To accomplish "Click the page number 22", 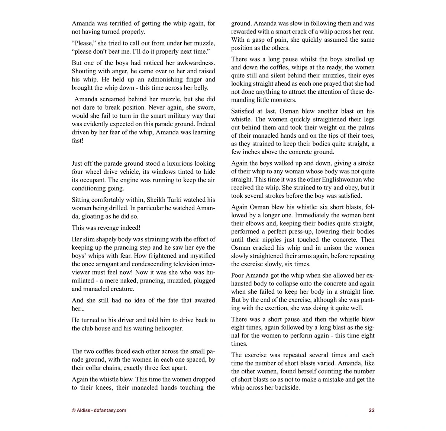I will tap(371, 411).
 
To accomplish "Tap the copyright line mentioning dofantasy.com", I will tap(99, 411).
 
